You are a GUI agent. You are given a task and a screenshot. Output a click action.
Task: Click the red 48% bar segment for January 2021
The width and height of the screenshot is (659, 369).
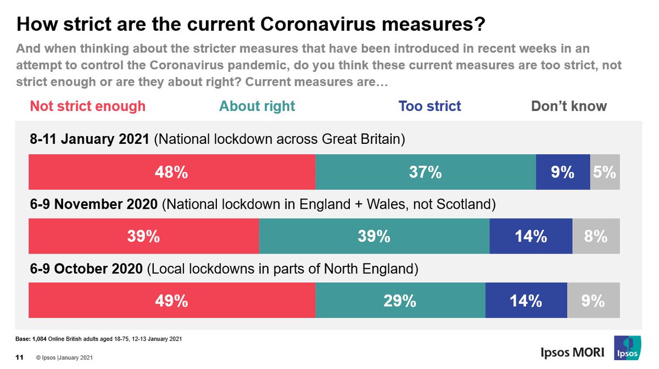pyautogui.click(x=172, y=172)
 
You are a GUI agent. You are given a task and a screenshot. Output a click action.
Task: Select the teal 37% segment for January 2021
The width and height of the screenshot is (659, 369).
pyautogui.click(x=426, y=172)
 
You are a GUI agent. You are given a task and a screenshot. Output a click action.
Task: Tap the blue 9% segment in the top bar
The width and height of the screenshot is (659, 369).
pyautogui.click(x=563, y=172)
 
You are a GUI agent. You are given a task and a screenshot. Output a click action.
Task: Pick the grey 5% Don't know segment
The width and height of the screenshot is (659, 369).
pyautogui.click(x=605, y=172)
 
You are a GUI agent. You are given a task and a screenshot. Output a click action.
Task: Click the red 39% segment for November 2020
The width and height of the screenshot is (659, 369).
pyautogui.click(x=143, y=236)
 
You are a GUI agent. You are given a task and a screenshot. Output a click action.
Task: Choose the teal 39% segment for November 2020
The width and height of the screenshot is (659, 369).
pyautogui.click(x=374, y=236)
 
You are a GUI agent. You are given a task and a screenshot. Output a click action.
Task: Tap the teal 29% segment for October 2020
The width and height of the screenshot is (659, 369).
pyautogui.click(x=400, y=300)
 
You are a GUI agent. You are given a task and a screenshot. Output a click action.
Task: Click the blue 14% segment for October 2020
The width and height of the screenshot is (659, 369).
pyautogui.click(x=526, y=300)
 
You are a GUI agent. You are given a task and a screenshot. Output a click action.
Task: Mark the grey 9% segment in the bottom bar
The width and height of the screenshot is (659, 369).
pyautogui.click(x=593, y=300)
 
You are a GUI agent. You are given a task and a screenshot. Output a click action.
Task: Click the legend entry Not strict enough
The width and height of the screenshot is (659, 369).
pyautogui.click(x=88, y=106)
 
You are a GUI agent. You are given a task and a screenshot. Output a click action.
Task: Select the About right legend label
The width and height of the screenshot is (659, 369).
pyautogui.click(x=257, y=106)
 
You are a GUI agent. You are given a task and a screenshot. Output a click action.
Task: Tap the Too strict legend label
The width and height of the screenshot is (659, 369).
pyautogui.click(x=430, y=106)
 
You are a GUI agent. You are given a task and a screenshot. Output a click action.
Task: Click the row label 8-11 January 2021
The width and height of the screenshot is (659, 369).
pyautogui.click(x=90, y=140)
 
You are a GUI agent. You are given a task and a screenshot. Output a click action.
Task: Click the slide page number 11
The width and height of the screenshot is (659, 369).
pyautogui.click(x=19, y=358)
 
